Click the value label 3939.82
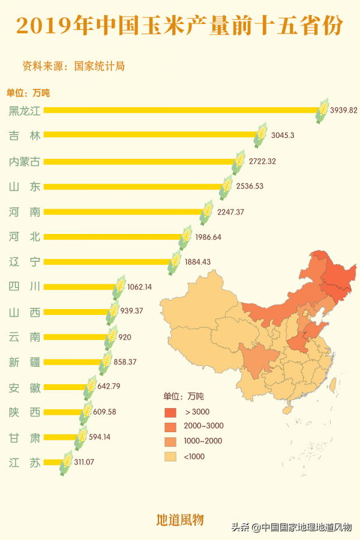tap(344, 110)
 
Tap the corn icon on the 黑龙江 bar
tap(323, 110)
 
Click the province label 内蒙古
tap(25, 161)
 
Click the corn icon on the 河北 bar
tap(186, 237)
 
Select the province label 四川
tap(25, 287)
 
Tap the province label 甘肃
tap(25, 437)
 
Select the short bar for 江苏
tap(52, 463)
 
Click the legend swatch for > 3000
tap(172, 412)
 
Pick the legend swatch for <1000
tap(172, 457)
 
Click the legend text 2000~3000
tap(204, 427)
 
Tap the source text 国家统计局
tap(100, 66)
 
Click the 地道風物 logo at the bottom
tap(180, 519)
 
